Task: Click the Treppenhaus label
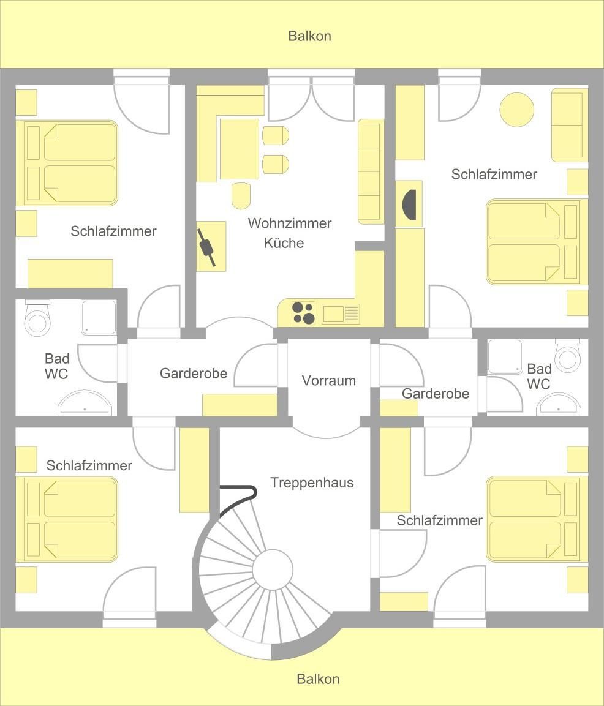[312, 483]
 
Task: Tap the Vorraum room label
[329, 380]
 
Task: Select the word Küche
[284, 242]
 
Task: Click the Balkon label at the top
[309, 36]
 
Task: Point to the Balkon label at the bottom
[318, 679]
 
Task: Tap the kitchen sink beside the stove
[341, 314]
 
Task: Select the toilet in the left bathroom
[37, 318]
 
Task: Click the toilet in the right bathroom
[567, 355]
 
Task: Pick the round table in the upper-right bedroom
[517, 110]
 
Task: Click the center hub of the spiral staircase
[273, 570]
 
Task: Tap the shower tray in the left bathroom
[99, 317]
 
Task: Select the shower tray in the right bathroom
[505, 356]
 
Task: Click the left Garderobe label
[193, 374]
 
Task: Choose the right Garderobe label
[435, 394]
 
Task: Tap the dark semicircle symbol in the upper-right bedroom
[410, 205]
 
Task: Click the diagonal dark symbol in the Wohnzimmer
[206, 247]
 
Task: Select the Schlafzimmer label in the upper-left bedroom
[113, 231]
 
